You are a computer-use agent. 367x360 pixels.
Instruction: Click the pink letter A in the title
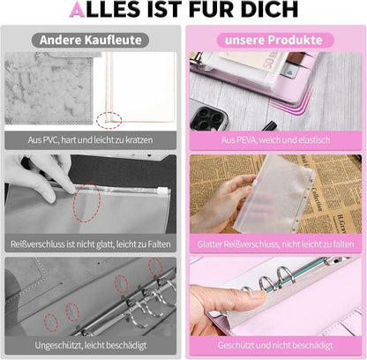[x=77, y=9]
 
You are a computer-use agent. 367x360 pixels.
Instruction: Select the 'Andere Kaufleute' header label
[x=90, y=40]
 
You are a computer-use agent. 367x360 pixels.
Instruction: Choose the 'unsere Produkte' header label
[x=273, y=40]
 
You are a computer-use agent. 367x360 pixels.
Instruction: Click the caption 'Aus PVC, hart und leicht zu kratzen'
[x=90, y=139]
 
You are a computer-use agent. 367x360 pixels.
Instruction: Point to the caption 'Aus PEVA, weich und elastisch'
[x=275, y=139]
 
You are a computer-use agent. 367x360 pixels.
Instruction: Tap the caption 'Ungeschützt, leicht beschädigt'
[x=91, y=345]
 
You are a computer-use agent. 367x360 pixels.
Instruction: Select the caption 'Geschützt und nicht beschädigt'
[x=275, y=345]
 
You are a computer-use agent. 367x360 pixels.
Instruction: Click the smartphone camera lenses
[x=208, y=117]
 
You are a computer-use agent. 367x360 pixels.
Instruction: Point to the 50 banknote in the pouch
[x=258, y=61]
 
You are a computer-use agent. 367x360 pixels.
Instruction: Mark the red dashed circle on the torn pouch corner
[x=109, y=120]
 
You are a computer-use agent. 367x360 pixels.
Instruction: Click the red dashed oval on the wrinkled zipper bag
[x=86, y=203]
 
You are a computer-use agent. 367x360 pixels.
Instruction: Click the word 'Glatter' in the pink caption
[x=209, y=244]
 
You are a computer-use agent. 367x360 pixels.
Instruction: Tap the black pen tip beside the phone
[x=270, y=126]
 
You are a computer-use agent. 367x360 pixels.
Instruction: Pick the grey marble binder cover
[x=49, y=87]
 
